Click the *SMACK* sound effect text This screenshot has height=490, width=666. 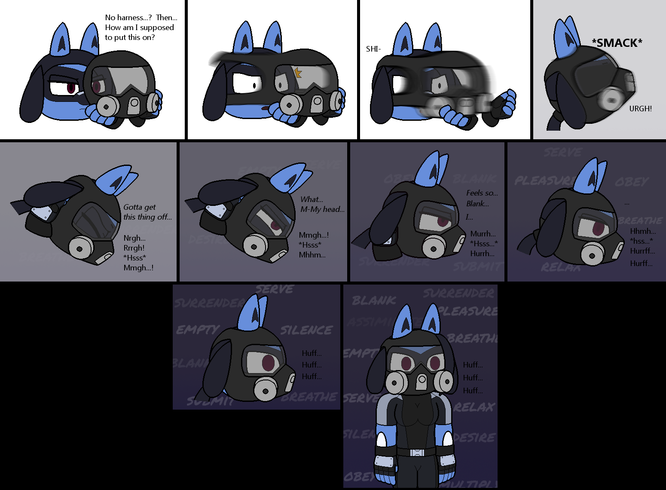[617, 43]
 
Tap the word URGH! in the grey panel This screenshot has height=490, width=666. [640, 109]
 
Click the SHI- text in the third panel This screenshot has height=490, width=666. [373, 49]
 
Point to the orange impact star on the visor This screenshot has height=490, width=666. [298, 73]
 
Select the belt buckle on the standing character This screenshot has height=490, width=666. [417, 453]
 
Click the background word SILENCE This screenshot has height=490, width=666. [306, 330]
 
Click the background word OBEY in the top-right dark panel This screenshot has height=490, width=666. [631, 182]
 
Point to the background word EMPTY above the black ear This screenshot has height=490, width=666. [198, 330]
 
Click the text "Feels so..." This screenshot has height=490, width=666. [482, 193]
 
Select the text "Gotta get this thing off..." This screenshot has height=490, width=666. [147, 212]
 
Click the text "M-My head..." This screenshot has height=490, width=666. [322, 209]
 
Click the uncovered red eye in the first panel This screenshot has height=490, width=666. [71, 88]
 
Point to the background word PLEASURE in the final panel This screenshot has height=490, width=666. [468, 311]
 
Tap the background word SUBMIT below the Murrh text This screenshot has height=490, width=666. [477, 267]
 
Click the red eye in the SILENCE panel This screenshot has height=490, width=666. [268, 362]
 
